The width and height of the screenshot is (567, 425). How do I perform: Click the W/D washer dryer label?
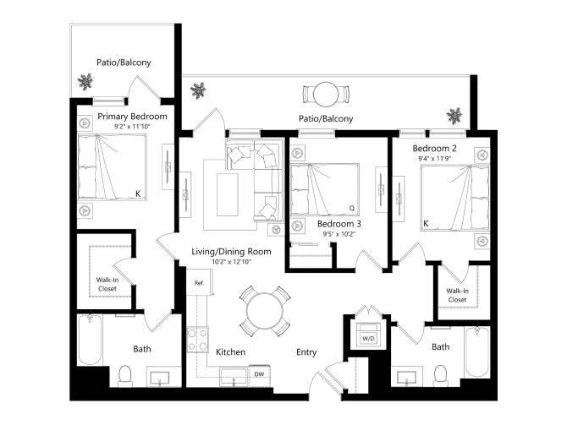pos(368,338)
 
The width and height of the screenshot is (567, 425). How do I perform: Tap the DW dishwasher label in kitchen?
pos(260,373)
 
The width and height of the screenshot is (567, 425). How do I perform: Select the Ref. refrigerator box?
pos(199,282)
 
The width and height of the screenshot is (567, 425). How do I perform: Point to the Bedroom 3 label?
pos(339,224)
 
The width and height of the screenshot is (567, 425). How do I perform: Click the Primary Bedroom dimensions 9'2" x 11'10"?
pos(131,126)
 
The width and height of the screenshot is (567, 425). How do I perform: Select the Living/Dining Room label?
pos(230,252)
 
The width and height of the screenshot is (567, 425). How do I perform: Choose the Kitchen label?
pos(230,351)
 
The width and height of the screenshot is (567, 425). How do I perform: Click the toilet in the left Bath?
pos(124,373)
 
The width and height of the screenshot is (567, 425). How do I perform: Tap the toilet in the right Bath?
pos(439,373)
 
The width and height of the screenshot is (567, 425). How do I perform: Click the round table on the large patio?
pos(326,93)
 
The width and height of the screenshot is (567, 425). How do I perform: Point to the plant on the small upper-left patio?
pos(85,82)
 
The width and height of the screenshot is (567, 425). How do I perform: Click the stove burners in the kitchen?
pos(197,340)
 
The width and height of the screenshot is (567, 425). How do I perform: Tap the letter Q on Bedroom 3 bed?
pos(350,206)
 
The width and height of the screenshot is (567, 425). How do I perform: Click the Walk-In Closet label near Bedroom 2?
pos(457,295)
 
